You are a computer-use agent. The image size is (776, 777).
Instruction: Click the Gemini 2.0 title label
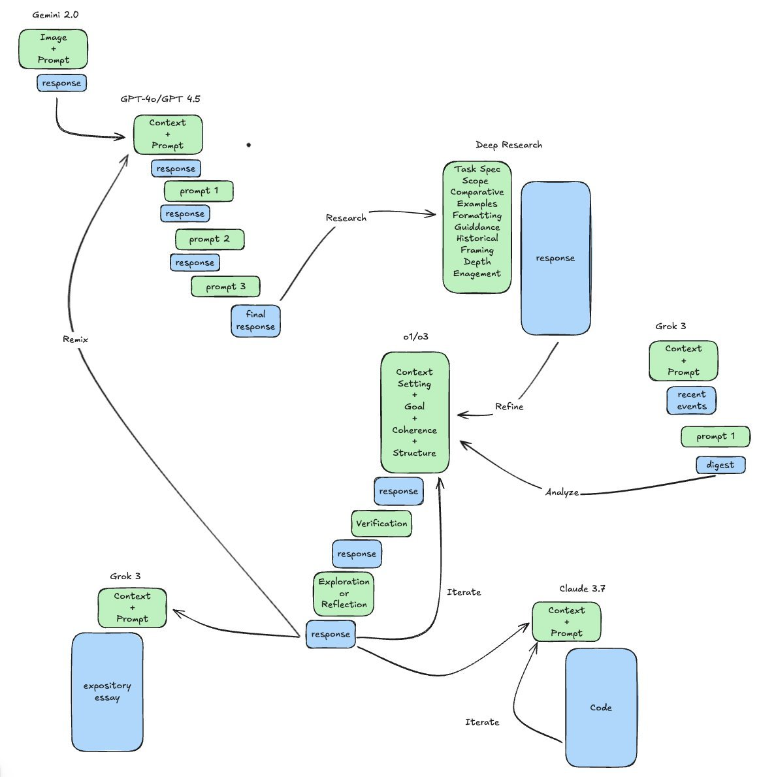[x=56, y=15]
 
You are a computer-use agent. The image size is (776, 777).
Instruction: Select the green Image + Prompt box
[x=53, y=49]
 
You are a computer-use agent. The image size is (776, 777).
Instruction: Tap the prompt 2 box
[x=210, y=239]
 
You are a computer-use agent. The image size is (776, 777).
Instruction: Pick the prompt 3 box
[x=226, y=287]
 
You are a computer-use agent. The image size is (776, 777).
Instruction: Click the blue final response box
[x=255, y=321]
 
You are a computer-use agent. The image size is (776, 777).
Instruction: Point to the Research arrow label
[x=346, y=218]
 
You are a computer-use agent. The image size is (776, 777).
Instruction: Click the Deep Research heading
[x=509, y=145]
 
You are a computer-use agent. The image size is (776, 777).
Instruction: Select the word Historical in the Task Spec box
[x=477, y=238]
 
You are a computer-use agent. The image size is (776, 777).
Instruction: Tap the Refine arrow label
[x=509, y=407]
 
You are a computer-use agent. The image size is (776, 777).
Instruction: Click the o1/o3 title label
[x=415, y=337]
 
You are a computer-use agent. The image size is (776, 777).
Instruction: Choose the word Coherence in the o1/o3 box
[x=415, y=430]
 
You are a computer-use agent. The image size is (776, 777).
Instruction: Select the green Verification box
[x=381, y=524]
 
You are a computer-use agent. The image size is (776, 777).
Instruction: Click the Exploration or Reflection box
[x=344, y=594]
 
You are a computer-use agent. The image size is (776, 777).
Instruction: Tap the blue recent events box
[x=691, y=400]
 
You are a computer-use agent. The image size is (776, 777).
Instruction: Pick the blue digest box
[x=720, y=465]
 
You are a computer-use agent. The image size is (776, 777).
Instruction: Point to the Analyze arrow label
[x=562, y=492]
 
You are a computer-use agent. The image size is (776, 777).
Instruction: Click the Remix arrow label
[x=75, y=340]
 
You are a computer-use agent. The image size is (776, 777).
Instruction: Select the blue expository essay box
[x=107, y=692]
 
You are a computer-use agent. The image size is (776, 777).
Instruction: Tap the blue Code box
[x=601, y=708]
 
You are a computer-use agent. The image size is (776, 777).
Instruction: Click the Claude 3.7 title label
[x=582, y=589]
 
